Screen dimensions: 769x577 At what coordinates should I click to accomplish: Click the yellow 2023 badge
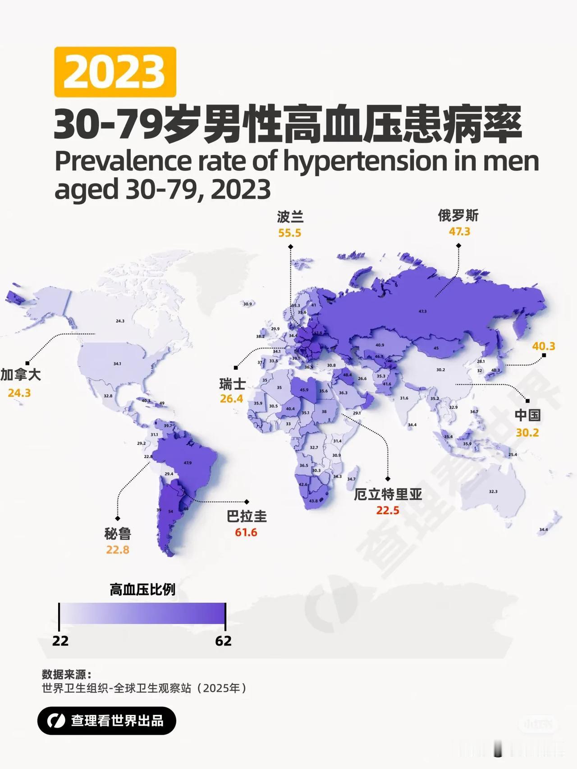coord(115,72)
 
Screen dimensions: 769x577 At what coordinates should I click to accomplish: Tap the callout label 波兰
coord(290,217)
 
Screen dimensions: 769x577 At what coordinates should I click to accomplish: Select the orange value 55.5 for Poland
coord(289,233)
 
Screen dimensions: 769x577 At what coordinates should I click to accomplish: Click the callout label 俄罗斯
coord(458,216)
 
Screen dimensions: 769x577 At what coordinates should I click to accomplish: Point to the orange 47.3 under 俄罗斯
coord(459,232)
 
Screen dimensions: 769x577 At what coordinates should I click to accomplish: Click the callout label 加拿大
coord(20,375)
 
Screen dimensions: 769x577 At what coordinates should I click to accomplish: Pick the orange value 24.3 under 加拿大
coord(19,393)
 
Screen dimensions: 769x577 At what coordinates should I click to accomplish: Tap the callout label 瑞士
coord(232,384)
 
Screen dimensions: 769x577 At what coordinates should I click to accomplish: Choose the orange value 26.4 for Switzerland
coord(231,399)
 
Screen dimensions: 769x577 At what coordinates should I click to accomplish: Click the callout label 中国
coord(527,415)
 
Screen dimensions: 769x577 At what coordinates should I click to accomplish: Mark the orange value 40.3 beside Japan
coord(543,346)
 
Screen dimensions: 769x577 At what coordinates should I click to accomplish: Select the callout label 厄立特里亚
coord(388,494)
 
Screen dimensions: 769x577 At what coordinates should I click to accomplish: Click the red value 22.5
coord(388,510)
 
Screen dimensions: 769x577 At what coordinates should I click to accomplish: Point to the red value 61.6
coord(246,532)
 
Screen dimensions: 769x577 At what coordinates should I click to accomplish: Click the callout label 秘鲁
coord(117,534)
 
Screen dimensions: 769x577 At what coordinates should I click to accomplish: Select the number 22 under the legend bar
coord(60,641)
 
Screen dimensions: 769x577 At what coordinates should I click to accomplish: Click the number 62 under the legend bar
coord(223,641)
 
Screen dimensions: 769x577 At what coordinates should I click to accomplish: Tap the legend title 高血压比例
coord(142,590)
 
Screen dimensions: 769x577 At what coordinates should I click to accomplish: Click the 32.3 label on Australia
coord(493,491)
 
